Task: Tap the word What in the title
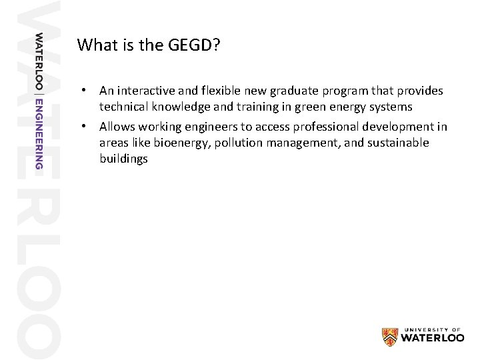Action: (94, 45)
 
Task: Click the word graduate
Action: (293, 90)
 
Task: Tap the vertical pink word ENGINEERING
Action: (39, 133)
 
